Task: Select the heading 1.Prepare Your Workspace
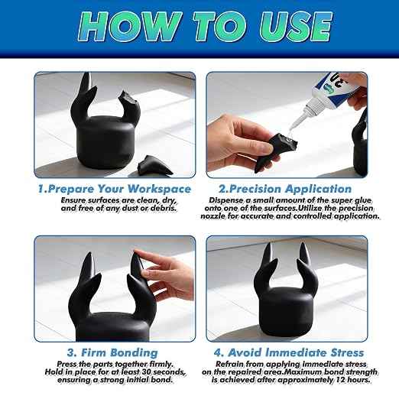[115, 190]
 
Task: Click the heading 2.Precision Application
[285, 190]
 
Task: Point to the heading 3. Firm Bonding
[112, 353]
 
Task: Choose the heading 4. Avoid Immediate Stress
[289, 353]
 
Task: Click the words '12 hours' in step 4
[352, 380]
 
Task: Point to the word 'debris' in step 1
[163, 208]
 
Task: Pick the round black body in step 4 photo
[287, 313]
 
